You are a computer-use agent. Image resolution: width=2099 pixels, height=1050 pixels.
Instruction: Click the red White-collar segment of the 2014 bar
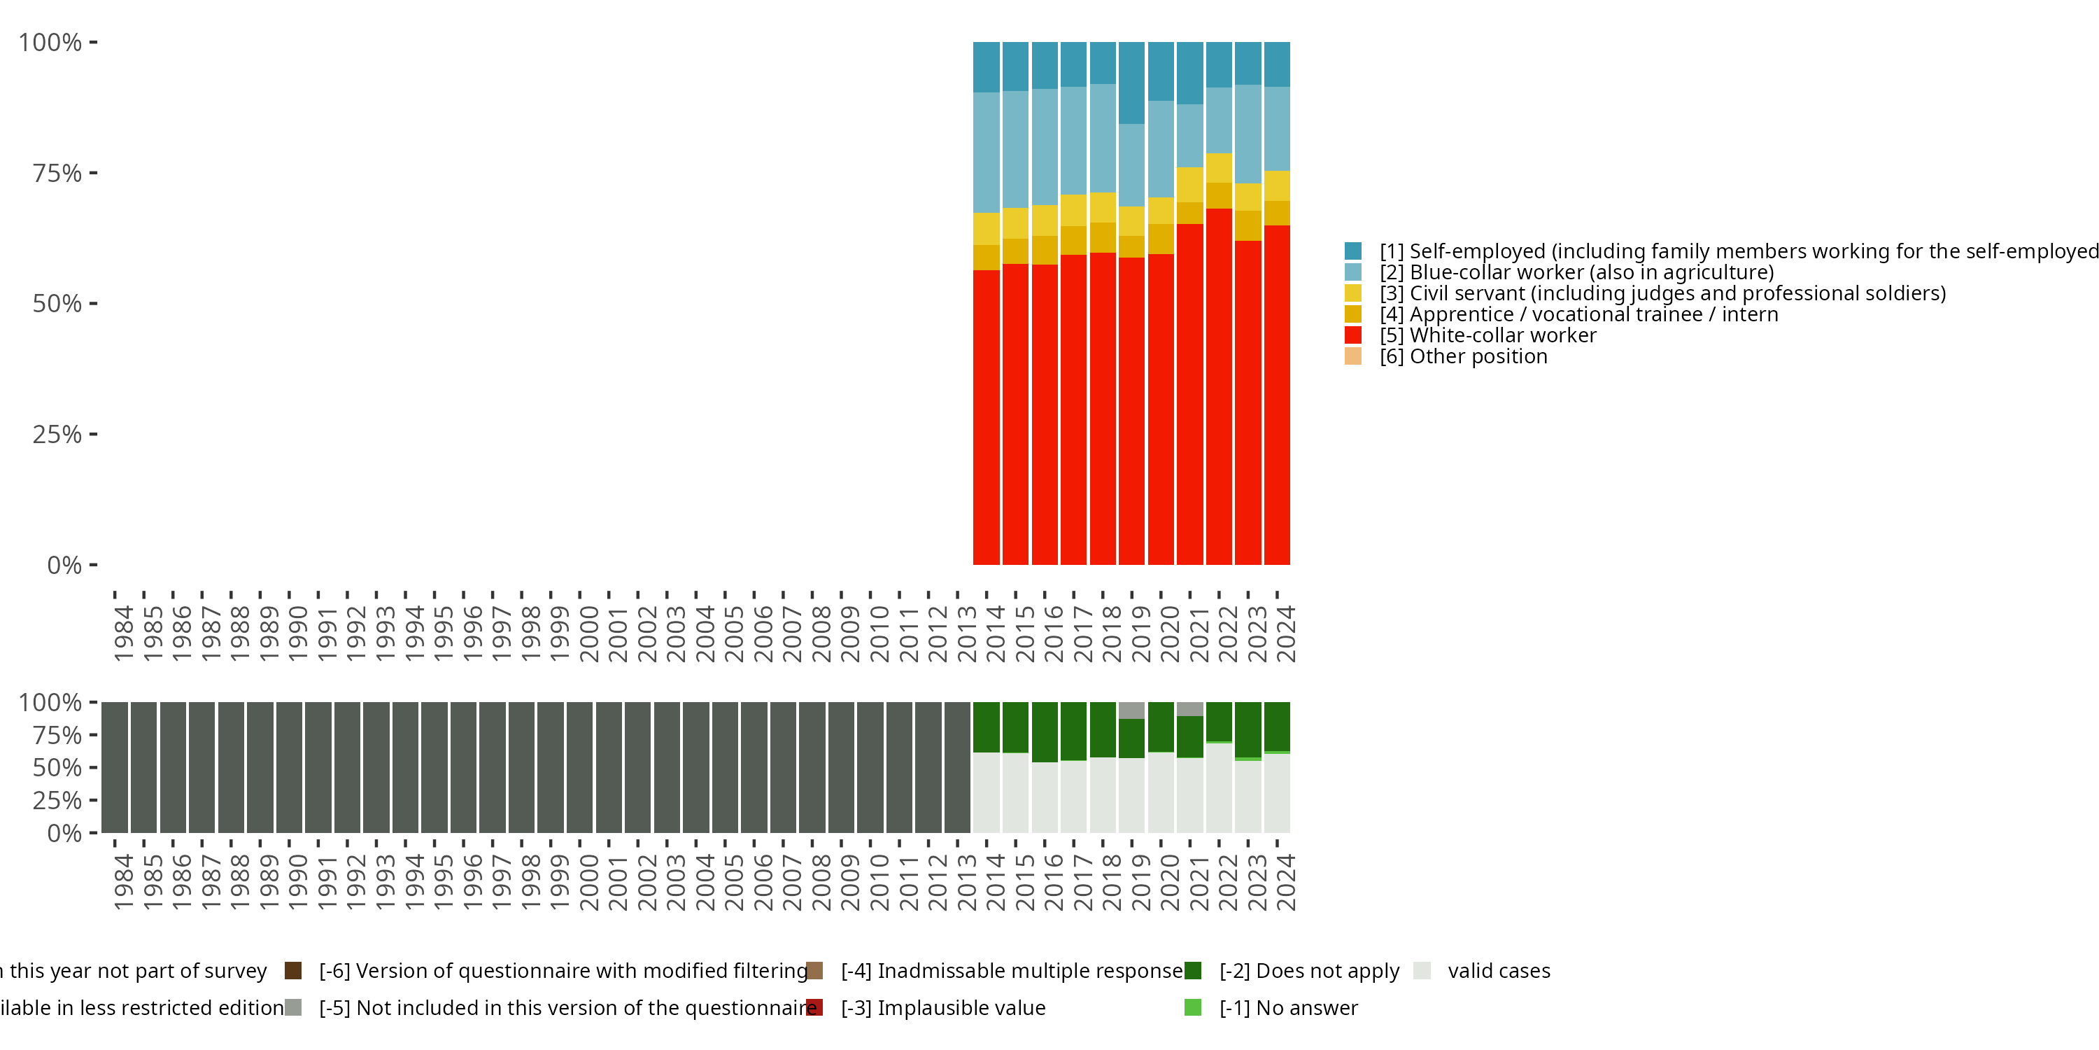click(986, 416)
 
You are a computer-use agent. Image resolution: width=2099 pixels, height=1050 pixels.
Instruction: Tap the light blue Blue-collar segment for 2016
click(1045, 147)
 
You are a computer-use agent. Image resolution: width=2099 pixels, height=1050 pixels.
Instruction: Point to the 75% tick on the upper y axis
click(93, 173)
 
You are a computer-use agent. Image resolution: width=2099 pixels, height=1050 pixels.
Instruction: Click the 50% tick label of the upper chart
click(57, 304)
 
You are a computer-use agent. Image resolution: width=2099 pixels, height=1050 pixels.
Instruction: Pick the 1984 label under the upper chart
click(123, 633)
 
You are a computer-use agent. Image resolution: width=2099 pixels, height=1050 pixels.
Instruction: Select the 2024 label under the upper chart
click(1285, 633)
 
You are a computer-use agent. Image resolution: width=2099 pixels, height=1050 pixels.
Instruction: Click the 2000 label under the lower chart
click(588, 882)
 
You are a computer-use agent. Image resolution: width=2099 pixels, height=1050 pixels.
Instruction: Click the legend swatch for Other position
click(1352, 356)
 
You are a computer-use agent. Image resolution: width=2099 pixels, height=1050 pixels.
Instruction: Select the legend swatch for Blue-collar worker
click(1352, 272)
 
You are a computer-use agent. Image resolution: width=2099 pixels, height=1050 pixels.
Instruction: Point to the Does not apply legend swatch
click(1193, 970)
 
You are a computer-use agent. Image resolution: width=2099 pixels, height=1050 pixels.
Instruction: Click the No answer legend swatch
click(1193, 1007)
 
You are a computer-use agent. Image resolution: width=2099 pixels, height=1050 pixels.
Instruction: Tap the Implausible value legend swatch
click(814, 1007)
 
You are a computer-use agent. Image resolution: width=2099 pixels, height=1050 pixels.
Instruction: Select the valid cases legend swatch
click(1422, 970)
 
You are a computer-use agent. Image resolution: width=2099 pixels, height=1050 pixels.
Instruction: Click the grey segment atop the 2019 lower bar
click(1131, 710)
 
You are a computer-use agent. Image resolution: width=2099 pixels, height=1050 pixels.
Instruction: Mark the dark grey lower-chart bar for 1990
click(289, 767)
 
